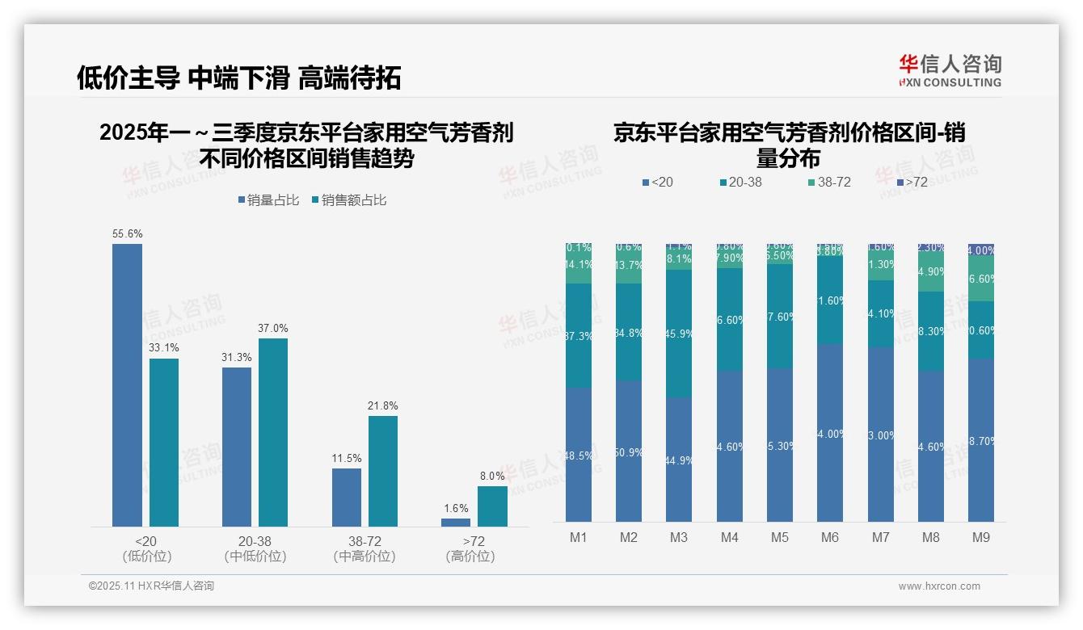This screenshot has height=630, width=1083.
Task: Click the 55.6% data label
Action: point(128,234)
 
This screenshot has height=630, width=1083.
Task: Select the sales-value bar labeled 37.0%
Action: point(273,432)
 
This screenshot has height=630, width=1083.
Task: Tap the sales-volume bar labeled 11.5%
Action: point(346,497)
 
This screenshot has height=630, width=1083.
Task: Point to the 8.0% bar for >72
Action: point(492,506)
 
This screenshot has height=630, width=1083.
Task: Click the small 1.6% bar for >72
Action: point(456,523)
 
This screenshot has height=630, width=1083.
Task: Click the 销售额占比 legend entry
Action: point(348,200)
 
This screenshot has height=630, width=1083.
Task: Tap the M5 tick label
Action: point(779,537)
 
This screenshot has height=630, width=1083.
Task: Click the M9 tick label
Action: point(980,537)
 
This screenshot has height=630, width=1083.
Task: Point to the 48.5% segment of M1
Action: point(579,455)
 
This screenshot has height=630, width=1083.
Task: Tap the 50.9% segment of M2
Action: point(629,451)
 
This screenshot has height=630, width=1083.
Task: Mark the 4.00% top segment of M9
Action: point(981,250)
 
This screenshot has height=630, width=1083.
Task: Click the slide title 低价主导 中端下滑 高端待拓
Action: point(238,78)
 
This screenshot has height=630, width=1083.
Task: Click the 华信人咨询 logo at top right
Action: point(950,70)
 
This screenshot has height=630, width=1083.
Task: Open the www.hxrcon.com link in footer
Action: point(939,586)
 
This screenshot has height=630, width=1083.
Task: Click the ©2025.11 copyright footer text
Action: point(151,586)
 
